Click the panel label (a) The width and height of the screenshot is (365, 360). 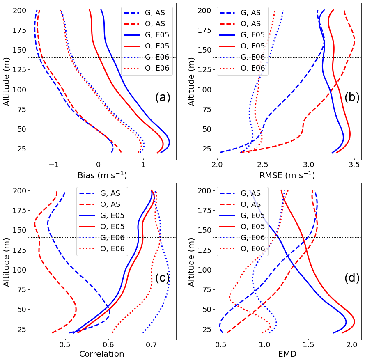(163, 97)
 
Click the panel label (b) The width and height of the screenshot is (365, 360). (352, 97)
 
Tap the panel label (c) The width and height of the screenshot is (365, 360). (163, 278)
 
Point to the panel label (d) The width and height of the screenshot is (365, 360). (352, 278)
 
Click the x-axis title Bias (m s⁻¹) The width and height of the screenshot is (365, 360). (102, 175)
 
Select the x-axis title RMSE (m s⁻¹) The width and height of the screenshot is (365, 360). (287, 175)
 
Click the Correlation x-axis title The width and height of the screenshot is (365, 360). (101, 354)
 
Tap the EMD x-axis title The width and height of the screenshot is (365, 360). (287, 354)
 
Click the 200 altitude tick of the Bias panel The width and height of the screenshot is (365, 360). (21, 10)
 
